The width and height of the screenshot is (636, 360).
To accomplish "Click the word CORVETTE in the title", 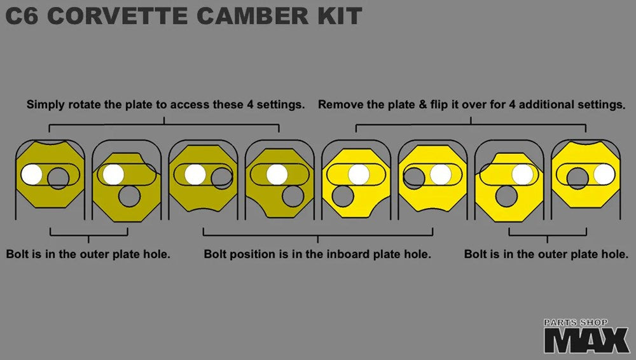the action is point(118,16).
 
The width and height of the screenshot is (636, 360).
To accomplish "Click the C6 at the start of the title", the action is point(22,16).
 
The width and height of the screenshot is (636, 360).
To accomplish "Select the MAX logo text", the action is point(586,340).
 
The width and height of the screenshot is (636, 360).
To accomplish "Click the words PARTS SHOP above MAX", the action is point(576,322).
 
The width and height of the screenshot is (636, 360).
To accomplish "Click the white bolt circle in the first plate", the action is point(32,174).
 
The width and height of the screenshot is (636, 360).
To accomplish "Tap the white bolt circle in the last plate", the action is point(604,174).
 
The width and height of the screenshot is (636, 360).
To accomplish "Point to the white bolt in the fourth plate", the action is point(277,174).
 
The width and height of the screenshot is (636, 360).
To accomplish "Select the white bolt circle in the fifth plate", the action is point(359,174).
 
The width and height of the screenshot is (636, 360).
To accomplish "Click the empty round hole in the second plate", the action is point(129,196).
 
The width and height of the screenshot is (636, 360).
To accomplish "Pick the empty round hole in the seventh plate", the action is point(506,196).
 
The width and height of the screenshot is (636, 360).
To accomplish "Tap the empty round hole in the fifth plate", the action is point(343,196).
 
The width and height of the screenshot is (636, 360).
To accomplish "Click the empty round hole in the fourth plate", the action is point(293,196).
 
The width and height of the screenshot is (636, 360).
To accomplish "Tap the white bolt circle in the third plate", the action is point(195,174).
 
